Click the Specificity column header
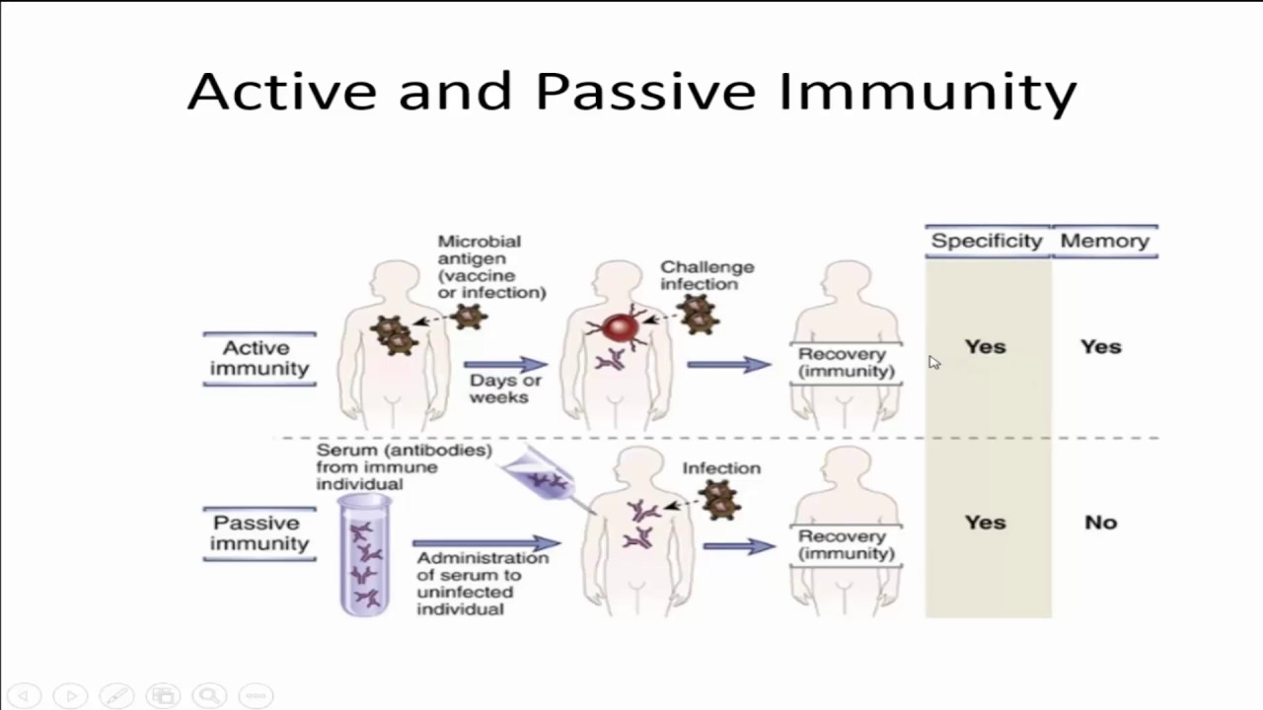[x=986, y=241]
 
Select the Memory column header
[x=1104, y=241]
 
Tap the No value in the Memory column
[x=1100, y=523]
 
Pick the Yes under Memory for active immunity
[x=1100, y=347]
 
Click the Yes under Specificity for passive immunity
[x=985, y=523]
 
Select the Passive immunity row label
[x=259, y=533]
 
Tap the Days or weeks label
[x=504, y=389]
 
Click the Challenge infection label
[x=706, y=275]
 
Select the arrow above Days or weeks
[x=504, y=365]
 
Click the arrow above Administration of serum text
[x=485, y=543]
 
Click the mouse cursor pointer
[x=933, y=363]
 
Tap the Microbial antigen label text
[x=490, y=266]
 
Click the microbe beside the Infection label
[x=720, y=501]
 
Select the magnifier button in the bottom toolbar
[x=209, y=695]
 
